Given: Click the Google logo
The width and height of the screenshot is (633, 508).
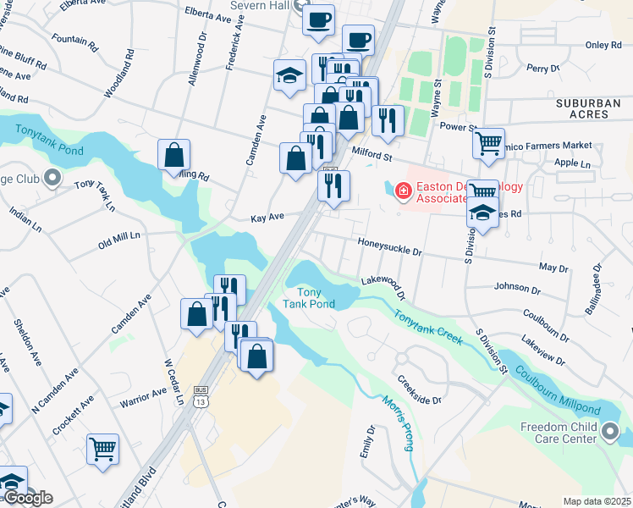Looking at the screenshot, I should pyautogui.click(x=28, y=498).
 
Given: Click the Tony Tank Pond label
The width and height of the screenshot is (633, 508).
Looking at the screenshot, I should pyautogui.click(x=308, y=297).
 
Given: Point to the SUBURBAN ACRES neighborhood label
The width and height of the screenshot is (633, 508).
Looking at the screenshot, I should pyautogui.click(x=582, y=108).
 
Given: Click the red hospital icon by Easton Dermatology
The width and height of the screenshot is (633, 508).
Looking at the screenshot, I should pyautogui.click(x=403, y=192).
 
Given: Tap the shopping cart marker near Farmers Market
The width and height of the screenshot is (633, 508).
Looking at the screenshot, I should pyautogui.click(x=488, y=145).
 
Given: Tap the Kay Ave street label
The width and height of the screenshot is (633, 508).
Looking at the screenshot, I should pyautogui.click(x=267, y=218).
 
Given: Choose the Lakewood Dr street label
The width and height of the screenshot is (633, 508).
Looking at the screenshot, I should pyautogui.click(x=383, y=286).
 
